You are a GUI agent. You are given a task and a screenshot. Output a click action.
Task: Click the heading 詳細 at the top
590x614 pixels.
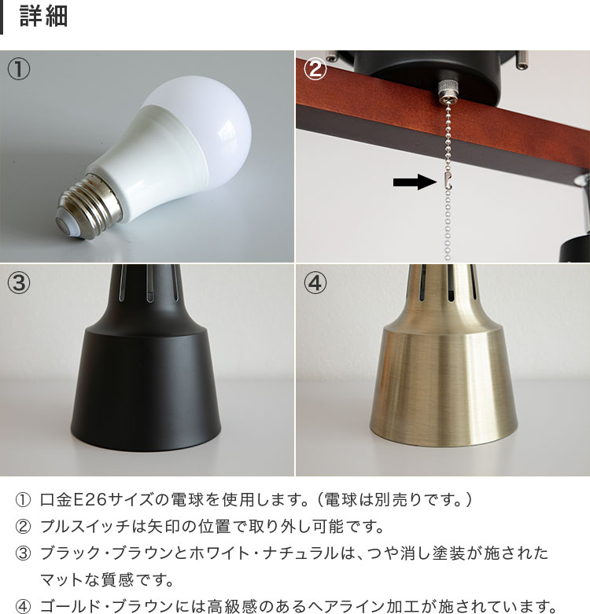(x=43, y=16)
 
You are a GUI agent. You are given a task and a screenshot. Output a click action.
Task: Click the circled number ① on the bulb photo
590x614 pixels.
(x=19, y=69)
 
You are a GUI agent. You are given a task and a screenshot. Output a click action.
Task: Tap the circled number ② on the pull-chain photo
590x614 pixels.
(x=315, y=69)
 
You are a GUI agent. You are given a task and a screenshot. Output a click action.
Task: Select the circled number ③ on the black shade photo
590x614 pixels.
(x=19, y=283)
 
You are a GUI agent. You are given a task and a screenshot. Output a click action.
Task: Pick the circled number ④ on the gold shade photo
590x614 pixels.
(x=315, y=283)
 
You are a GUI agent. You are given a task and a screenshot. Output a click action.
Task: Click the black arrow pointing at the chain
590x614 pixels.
(x=415, y=182)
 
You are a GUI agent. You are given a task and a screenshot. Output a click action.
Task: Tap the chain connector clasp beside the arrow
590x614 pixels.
(x=448, y=181)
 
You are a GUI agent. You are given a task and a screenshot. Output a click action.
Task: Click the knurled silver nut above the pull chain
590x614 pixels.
(x=448, y=89)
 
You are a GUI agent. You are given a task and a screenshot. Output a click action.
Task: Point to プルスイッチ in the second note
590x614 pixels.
(x=85, y=526)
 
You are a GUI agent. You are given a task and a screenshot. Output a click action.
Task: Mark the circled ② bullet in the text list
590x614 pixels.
(x=23, y=526)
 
